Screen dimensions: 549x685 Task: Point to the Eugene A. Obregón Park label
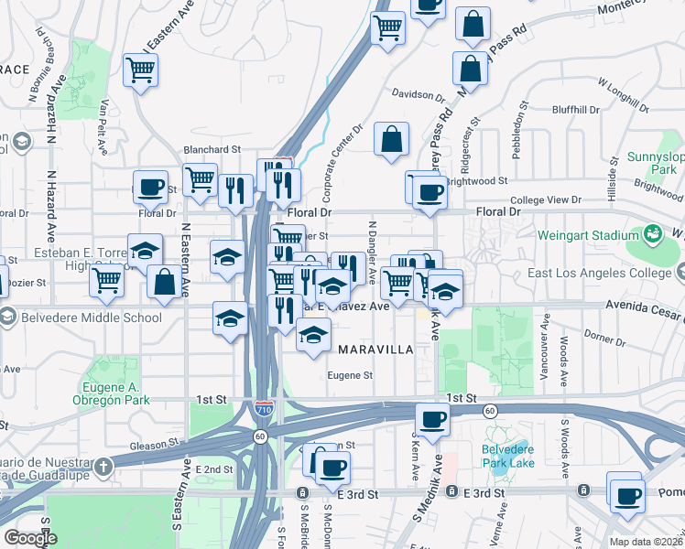click(x=110, y=393)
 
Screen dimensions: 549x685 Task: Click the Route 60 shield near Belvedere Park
click(x=491, y=411)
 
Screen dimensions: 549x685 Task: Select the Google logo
click(x=30, y=537)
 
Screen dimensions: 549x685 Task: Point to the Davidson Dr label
click(x=418, y=93)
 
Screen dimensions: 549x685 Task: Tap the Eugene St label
click(x=352, y=375)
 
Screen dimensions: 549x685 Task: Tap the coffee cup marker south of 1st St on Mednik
click(x=432, y=420)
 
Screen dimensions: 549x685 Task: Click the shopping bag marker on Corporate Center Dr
click(x=391, y=140)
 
